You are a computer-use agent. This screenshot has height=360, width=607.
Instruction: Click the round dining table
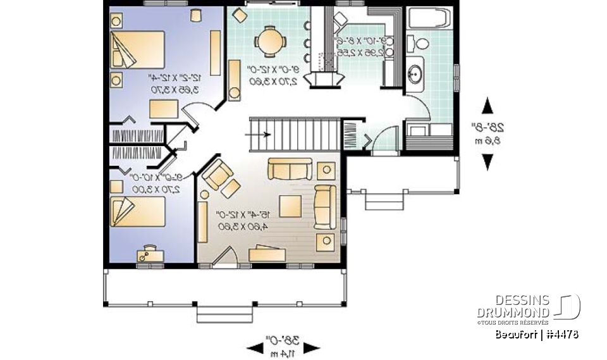pos(270,42)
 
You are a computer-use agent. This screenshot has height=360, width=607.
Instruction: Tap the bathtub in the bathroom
pos(429,18)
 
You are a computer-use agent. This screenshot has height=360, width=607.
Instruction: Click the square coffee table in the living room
pos(291,206)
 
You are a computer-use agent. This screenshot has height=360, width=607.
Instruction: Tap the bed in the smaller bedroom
pos(138,211)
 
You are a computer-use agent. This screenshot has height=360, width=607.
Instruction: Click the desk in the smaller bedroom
pos(150,254)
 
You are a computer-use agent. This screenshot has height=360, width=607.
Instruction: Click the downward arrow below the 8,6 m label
pos(487,163)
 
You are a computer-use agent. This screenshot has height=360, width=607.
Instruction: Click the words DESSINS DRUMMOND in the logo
pos(513,306)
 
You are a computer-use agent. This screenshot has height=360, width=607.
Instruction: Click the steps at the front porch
pos(226,313)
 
